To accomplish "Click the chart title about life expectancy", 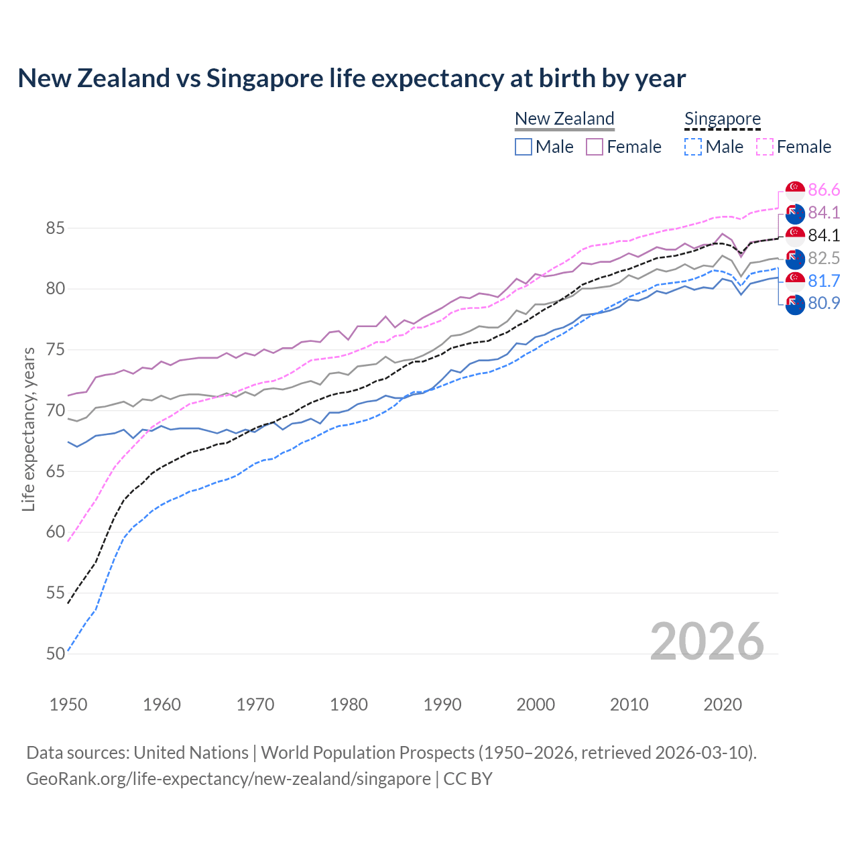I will [351, 78].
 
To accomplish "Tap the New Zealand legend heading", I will [564, 119].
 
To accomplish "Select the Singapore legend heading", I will [722, 119].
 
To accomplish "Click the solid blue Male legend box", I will [524, 147].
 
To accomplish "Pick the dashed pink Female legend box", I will [765, 147].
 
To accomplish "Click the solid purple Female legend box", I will [595, 147].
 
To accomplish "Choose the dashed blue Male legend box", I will [693, 147].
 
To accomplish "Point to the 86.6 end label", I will [824, 190].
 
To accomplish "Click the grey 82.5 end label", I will [824, 259].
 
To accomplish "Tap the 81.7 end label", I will [824, 282].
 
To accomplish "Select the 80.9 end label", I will [824, 304].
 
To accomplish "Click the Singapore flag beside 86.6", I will [795, 190].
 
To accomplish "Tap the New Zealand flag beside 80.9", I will [795, 304].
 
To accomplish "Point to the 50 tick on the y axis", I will [56, 654].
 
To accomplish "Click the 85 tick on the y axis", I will [56, 228].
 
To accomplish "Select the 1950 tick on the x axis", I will [68, 704].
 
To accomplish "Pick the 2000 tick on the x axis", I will [536, 704].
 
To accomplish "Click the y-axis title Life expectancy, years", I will [28, 429].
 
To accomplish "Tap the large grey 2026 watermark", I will [707, 641].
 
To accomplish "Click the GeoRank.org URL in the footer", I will [229, 778].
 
